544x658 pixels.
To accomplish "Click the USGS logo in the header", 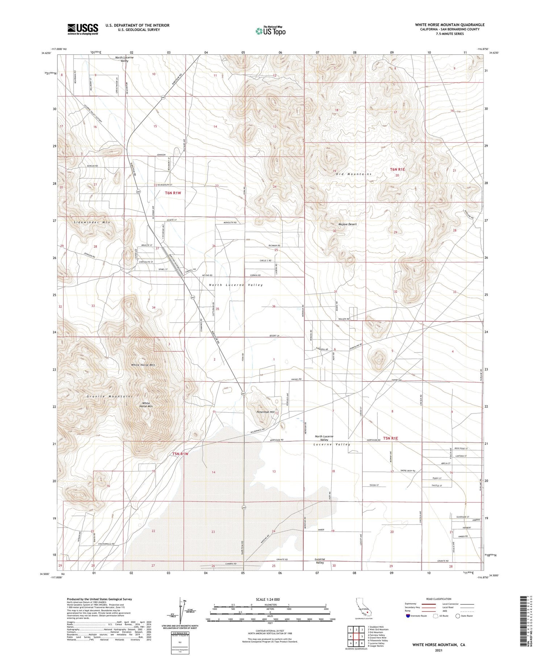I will pos(83,29).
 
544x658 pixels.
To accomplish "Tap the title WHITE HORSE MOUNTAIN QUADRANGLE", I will pos(450,25).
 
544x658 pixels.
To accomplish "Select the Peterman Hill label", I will pos(265,412).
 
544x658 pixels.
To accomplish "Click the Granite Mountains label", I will pos(110,396).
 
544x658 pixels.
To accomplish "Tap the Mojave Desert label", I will pos(347,224).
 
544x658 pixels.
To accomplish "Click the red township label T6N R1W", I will pos(173,193).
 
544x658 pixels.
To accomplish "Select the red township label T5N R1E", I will pos(390,438).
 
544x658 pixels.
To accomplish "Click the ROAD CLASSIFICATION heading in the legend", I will pos(439,599).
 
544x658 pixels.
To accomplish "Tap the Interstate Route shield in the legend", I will pos(408,616).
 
